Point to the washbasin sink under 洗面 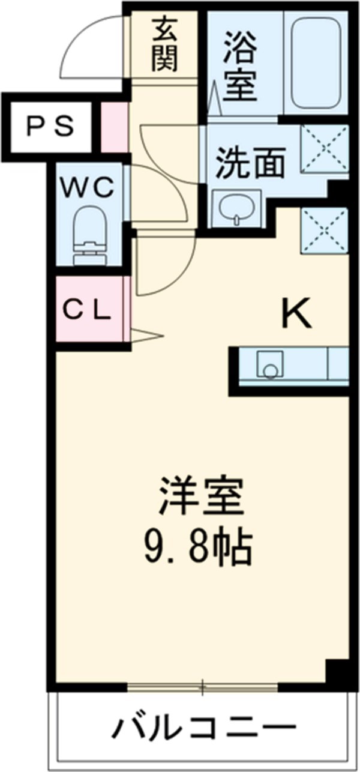238,208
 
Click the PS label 50,127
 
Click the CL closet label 87,311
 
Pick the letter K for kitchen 297,313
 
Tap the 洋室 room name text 201,496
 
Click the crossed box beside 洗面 325,148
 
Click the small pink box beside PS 114,127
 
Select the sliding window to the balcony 203,686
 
